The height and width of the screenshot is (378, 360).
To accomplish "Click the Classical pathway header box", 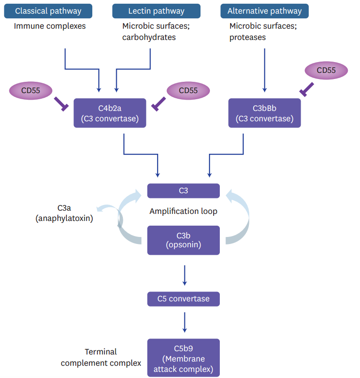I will tap(48, 11).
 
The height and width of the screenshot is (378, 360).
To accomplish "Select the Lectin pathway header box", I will tap(156, 11).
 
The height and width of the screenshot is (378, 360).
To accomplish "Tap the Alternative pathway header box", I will tap(264, 11).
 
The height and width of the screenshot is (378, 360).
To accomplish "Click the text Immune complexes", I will tap(50, 26).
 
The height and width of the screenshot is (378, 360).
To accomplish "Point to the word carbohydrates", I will tap(149, 37).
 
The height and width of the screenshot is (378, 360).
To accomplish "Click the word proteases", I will tap(248, 37).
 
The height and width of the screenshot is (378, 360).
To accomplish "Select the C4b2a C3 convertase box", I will tap(110, 113).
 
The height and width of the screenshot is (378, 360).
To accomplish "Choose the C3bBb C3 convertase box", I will tap(264, 113).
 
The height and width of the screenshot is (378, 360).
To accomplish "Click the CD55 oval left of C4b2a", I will tap(31, 90).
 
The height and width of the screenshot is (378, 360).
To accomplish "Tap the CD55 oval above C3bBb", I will tap(326, 71).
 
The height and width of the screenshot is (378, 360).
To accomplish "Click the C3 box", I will tap(184, 191).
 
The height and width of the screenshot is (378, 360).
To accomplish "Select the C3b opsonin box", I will tap(184, 240).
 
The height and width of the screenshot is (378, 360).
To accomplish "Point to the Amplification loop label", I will tap(184, 211).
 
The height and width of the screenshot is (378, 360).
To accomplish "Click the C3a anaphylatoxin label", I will tap(64, 213).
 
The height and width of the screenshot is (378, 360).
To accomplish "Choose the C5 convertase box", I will tap(184, 299).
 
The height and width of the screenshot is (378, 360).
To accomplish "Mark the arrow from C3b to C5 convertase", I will tap(184, 276).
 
